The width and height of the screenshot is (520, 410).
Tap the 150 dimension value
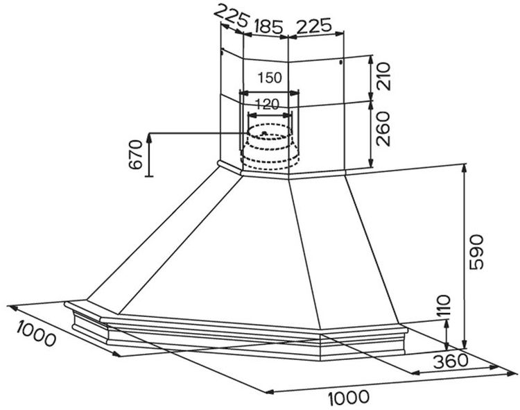[270, 78]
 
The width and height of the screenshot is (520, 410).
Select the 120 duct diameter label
[266, 105]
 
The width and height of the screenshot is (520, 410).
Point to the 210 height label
[384, 76]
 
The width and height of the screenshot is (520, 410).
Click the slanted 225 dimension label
[232, 18]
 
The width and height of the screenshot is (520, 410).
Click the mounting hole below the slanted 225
[222, 51]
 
